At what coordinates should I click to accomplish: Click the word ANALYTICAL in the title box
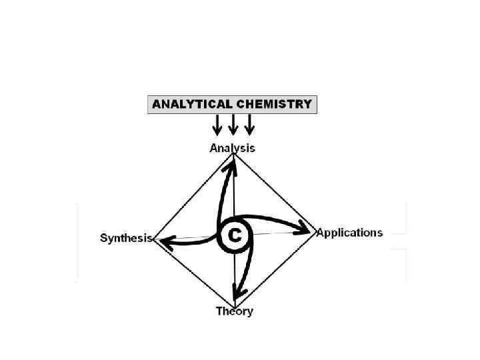pos(192,104)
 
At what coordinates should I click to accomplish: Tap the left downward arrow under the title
pos(217,125)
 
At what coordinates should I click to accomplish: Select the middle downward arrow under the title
pos(233,125)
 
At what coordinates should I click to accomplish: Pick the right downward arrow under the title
pos(249,125)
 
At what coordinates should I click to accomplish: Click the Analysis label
pos(232,148)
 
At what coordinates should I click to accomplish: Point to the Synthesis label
pos(126,238)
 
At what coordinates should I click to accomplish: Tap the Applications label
pos(349,233)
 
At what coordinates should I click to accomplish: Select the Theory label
pos(234,311)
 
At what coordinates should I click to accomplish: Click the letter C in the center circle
pos(235,235)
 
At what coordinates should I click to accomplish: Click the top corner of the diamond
pos(233,154)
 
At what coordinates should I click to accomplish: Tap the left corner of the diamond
pos(154,239)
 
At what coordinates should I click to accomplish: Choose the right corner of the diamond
pos(315,231)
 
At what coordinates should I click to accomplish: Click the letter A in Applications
pos(321,233)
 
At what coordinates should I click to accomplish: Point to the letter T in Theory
pos(219,311)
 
